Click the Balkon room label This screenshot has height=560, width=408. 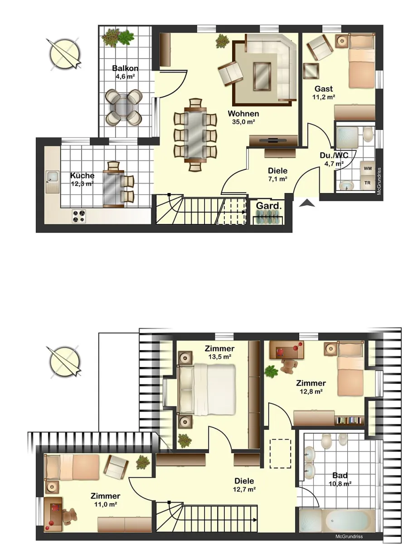[x=125, y=68]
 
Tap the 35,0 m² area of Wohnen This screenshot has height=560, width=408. [x=243, y=122]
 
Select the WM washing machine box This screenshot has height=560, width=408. [x=367, y=168]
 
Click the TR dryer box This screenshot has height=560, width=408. [x=367, y=183]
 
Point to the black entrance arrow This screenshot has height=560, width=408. [x=307, y=203]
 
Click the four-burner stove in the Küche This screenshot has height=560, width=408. [x=79, y=216]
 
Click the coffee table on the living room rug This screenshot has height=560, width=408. [x=262, y=76]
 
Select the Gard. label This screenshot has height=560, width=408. [x=269, y=206]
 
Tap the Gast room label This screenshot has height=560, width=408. [x=323, y=89]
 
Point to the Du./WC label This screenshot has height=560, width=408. [x=334, y=155]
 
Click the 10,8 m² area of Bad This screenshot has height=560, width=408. [x=340, y=484]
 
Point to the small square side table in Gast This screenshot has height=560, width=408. [x=311, y=71]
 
